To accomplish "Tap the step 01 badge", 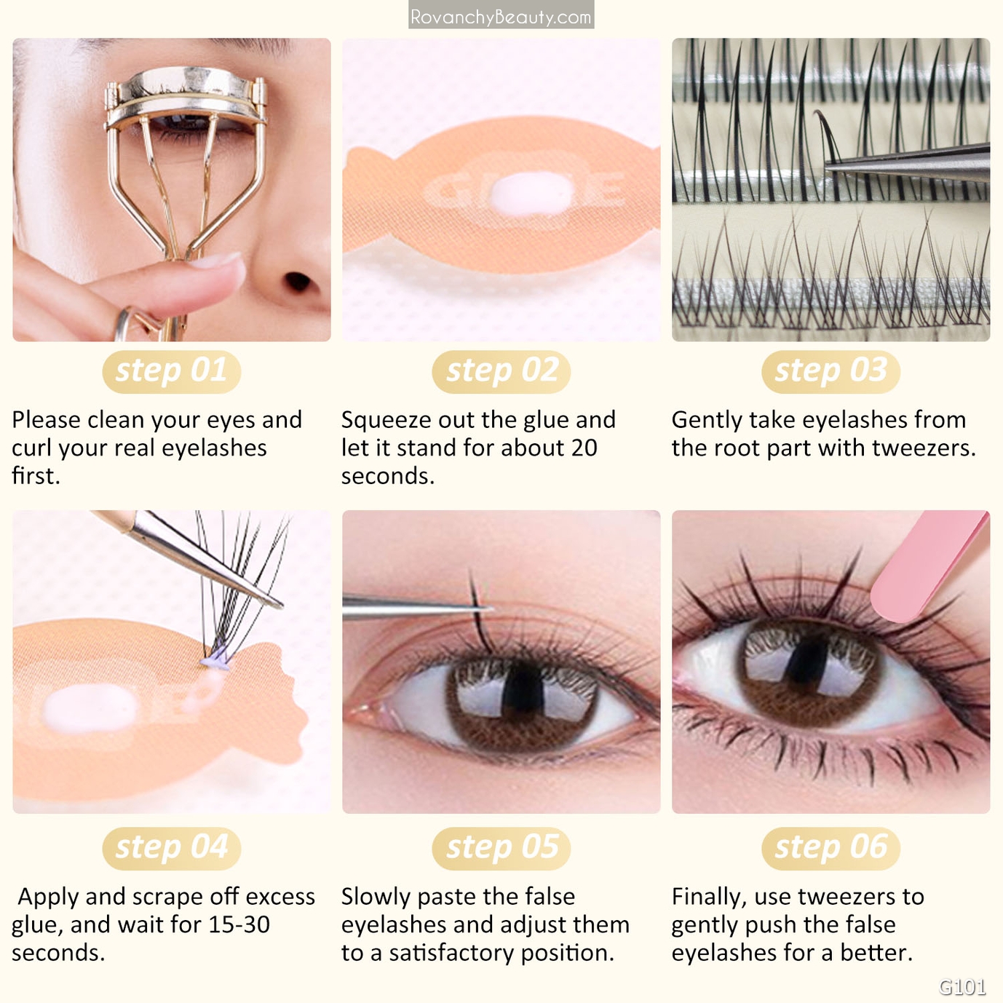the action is coord(171,372).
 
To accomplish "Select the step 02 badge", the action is coord(501,372).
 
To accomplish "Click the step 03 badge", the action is coord(830,372).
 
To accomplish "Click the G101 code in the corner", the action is coord(962,986).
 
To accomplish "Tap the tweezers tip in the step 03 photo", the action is coord(828,167).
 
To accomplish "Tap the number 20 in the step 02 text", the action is coord(584,448).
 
